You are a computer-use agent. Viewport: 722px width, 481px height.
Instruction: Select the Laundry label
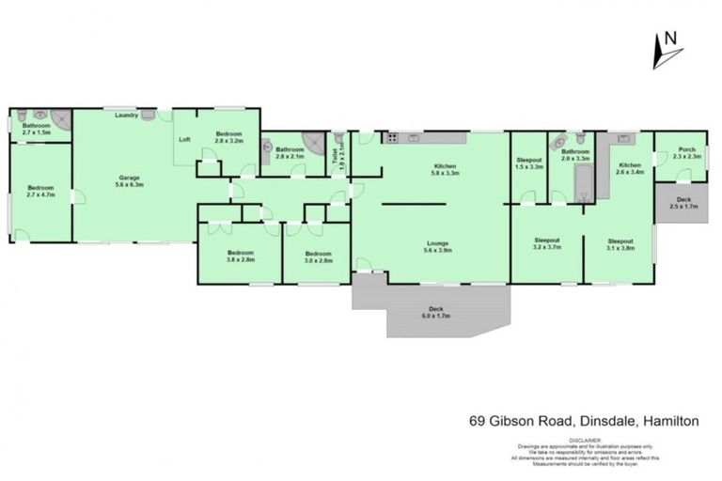coord(127,116)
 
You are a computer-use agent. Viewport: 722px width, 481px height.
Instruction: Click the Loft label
coord(185,139)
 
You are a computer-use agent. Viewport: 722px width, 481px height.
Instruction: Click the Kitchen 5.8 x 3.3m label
coord(445,169)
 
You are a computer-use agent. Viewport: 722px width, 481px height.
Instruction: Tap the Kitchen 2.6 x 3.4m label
coord(629,169)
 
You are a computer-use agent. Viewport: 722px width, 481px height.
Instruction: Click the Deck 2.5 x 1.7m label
coord(686,203)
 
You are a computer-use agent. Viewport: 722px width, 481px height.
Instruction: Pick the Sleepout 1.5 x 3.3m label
coord(530,163)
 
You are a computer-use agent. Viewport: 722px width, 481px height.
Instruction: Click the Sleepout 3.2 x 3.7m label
coord(547,244)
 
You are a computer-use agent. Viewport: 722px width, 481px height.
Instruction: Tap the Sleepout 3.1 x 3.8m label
coord(620,244)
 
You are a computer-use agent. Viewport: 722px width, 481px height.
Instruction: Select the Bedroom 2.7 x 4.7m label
coord(40,191)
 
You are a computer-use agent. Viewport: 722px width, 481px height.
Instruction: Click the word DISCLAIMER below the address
coord(585,438)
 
